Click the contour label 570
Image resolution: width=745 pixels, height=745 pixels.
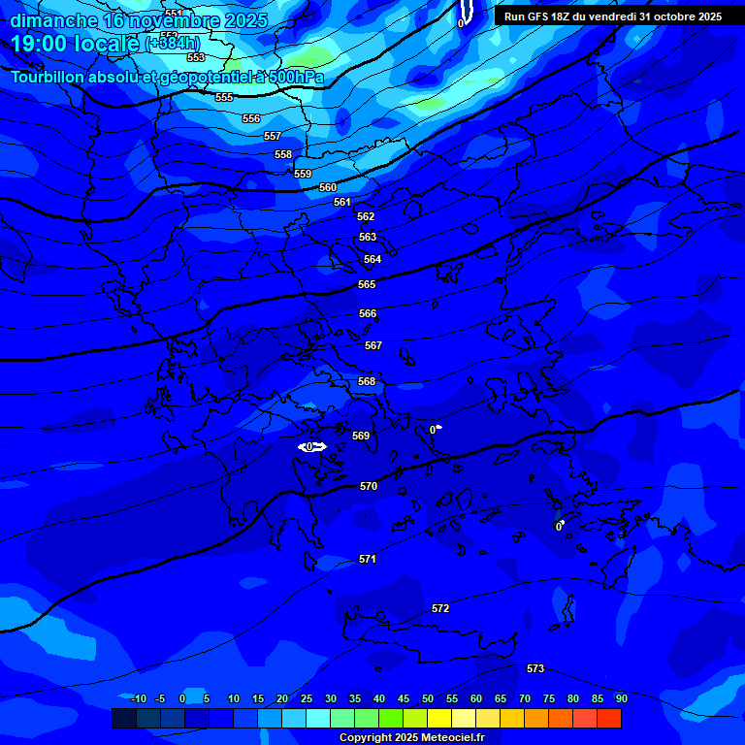pyautogui.click(x=369, y=486)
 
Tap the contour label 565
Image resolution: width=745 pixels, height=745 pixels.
pyautogui.click(x=367, y=284)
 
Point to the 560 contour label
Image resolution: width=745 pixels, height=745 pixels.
pyautogui.click(x=328, y=187)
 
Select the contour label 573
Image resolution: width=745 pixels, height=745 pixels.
pyautogui.click(x=535, y=668)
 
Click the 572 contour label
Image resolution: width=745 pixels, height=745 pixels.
pyautogui.click(x=440, y=608)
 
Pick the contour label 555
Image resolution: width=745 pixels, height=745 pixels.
pyautogui.click(x=224, y=98)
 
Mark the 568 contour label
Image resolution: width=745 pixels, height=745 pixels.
pyautogui.click(x=367, y=381)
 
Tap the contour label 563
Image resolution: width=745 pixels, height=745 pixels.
pyautogui.click(x=368, y=237)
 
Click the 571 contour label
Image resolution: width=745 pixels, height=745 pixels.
pyautogui.click(x=368, y=559)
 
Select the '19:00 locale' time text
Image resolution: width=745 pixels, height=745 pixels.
pyautogui.click(x=76, y=44)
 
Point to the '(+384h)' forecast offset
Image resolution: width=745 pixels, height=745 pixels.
pyautogui.click(x=173, y=44)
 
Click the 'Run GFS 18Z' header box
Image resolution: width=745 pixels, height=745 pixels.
pyautogui.click(x=613, y=16)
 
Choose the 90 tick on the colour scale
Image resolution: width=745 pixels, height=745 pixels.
pyautogui.click(x=621, y=698)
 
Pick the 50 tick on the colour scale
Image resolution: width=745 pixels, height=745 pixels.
pyautogui.click(x=428, y=698)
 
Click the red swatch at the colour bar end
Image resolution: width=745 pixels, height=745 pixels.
pyautogui.click(x=609, y=718)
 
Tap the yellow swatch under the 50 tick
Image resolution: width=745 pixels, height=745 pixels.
pyautogui.click(x=439, y=718)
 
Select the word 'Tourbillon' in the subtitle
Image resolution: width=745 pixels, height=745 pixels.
pyautogui.click(x=48, y=77)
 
